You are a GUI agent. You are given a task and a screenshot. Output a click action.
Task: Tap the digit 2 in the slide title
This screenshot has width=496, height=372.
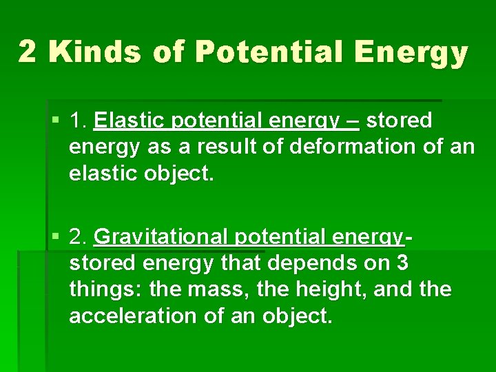pyautogui.click(x=28, y=52)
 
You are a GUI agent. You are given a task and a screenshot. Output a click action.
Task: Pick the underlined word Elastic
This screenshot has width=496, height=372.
pyautogui.click(x=128, y=121)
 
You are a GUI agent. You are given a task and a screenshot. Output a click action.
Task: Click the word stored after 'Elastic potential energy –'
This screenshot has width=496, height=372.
pyautogui.click(x=400, y=121)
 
